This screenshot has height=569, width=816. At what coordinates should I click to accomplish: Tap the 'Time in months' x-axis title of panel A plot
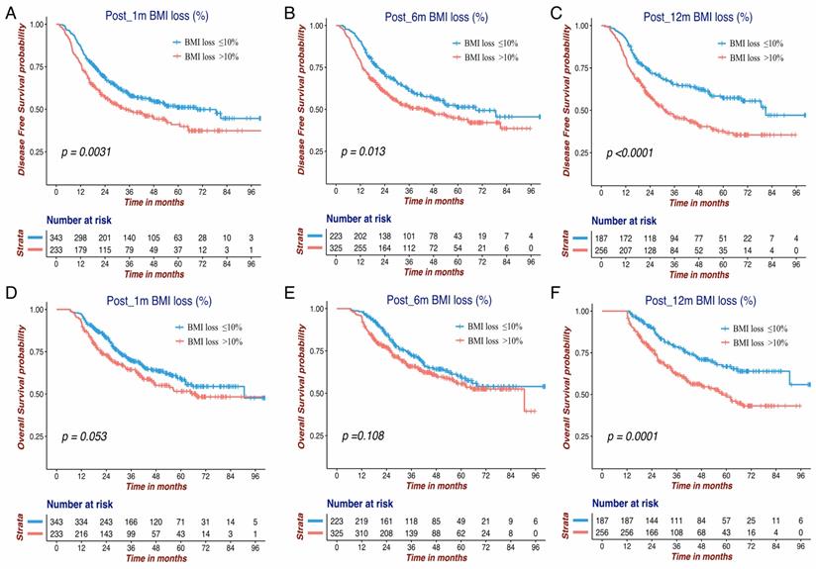[154, 200]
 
